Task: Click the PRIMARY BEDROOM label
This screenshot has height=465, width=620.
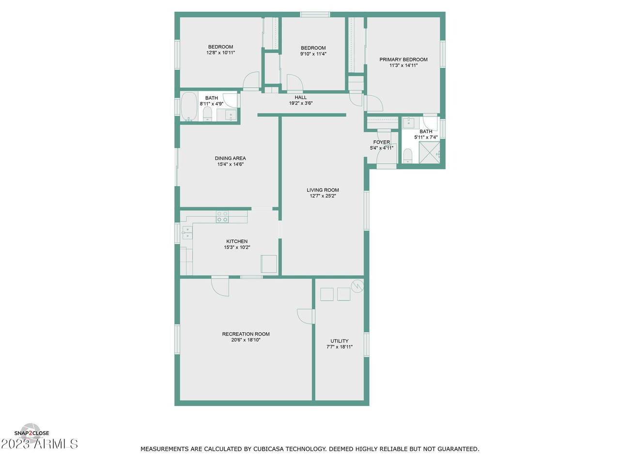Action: (403, 60)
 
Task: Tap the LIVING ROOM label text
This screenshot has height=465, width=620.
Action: (323, 190)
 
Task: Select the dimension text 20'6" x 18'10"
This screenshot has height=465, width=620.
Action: (246, 340)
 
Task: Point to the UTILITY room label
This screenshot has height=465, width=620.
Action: (339, 341)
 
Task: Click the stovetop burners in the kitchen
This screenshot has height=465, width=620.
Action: (222, 217)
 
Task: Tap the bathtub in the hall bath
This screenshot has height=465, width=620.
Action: (189, 107)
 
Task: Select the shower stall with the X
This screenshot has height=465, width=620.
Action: (429, 153)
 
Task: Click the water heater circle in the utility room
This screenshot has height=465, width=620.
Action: (357, 286)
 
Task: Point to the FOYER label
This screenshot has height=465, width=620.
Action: (381, 142)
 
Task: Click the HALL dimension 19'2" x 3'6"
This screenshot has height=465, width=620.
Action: (300, 103)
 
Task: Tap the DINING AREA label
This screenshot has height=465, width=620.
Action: (230, 158)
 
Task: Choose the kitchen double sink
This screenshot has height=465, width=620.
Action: (187, 232)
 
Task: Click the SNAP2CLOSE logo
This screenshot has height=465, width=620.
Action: (31, 433)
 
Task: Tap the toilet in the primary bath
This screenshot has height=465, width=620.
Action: (407, 156)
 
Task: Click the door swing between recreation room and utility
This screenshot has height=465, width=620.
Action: (306, 316)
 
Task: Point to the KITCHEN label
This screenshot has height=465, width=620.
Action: (237, 241)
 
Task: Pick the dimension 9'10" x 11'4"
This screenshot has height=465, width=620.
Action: (313, 54)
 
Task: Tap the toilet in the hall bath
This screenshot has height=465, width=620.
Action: (207, 114)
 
